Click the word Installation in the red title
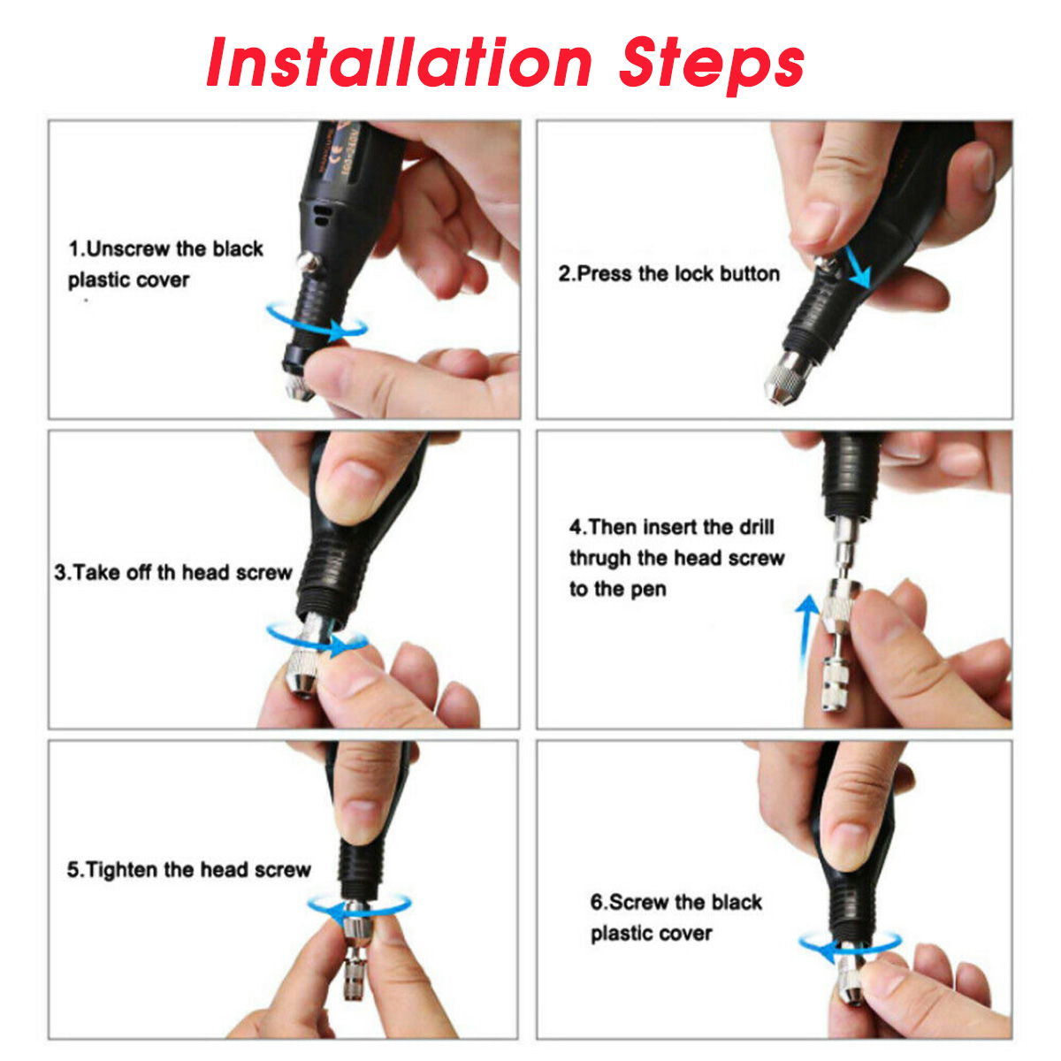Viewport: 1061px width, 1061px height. (x=399, y=62)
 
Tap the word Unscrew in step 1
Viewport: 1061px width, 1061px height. (x=127, y=248)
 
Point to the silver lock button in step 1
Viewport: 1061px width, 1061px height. (x=308, y=263)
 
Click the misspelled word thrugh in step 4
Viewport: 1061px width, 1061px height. (x=600, y=559)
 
